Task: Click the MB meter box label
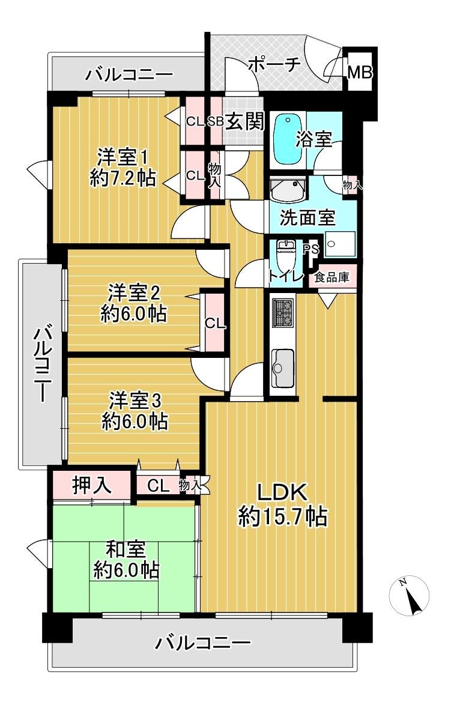[360, 72]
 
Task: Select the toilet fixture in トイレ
[285, 257]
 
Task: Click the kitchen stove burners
[282, 313]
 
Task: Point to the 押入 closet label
[92, 485]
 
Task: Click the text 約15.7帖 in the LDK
[282, 516]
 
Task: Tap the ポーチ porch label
[273, 64]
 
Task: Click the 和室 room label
[125, 549]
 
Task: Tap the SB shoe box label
[216, 121]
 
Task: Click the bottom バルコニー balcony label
[202, 644]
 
